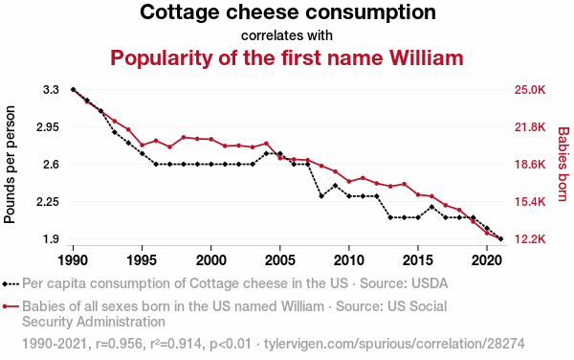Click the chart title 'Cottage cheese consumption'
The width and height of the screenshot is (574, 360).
click(x=287, y=13)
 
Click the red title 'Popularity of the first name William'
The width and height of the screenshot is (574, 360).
click(x=287, y=57)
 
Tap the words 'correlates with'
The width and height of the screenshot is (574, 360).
click(x=287, y=35)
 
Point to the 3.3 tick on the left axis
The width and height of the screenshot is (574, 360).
click(x=52, y=90)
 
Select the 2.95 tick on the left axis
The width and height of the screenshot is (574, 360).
click(x=48, y=127)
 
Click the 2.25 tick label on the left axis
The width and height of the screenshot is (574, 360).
click(x=48, y=202)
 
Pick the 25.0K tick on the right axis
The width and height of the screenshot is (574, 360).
click(x=529, y=90)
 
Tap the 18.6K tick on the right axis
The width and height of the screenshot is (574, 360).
click(x=529, y=165)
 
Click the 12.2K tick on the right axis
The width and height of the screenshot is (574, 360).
click(x=529, y=239)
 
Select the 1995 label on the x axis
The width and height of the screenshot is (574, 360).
click(x=142, y=259)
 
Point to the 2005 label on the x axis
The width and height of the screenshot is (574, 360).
click(x=280, y=259)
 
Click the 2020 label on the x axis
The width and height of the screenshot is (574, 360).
click(x=487, y=259)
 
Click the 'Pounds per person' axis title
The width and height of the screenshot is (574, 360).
click(x=11, y=165)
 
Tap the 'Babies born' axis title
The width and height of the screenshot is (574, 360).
click(x=563, y=165)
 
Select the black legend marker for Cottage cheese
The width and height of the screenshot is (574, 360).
click(x=11, y=283)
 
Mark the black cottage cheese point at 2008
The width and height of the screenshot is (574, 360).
click(x=321, y=195)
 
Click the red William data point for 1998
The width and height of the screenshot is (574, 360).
click(x=183, y=138)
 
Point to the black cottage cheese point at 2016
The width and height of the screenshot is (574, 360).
click(x=432, y=207)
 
